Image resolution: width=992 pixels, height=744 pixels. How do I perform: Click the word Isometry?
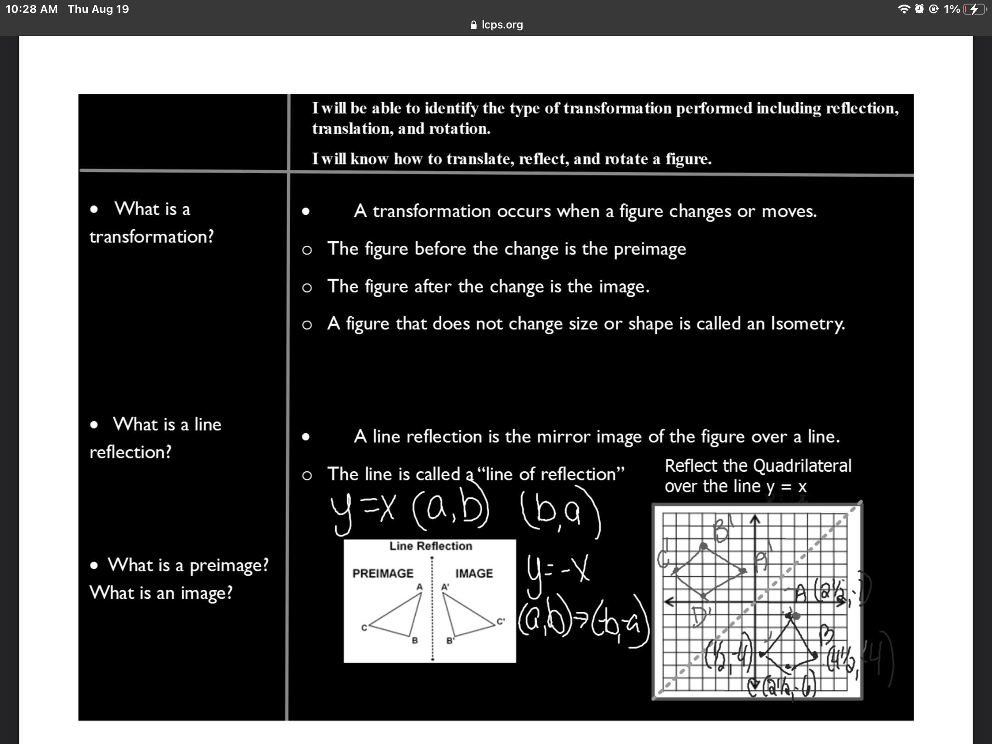807,324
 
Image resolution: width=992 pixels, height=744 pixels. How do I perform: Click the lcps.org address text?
502,25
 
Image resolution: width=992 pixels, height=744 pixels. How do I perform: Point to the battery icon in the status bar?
974,9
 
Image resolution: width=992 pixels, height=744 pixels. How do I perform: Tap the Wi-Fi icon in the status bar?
903,9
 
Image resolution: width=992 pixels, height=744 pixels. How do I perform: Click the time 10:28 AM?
32,9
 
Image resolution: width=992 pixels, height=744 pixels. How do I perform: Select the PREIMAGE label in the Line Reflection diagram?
383,573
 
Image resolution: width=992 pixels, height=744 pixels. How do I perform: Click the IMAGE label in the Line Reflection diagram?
474,573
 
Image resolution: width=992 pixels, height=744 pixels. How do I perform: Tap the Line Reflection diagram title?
430,546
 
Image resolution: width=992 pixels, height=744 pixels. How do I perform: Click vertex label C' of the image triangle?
501,621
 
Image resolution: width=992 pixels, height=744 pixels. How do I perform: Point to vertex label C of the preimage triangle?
364,628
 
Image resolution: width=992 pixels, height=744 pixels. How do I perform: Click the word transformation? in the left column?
152,237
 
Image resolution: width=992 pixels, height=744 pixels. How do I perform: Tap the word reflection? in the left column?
130,452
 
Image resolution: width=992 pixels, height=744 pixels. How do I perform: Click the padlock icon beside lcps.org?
474,25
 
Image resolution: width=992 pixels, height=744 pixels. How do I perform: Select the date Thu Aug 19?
98,9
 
